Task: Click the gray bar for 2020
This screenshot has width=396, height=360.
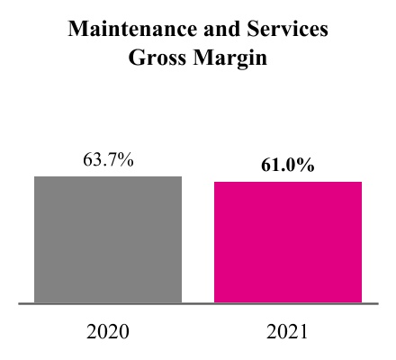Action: [108, 239]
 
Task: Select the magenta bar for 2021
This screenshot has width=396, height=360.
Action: [288, 242]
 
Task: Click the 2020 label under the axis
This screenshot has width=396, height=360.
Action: [108, 331]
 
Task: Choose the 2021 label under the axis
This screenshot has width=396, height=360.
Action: [288, 331]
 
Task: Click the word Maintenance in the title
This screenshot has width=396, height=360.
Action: [128, 31]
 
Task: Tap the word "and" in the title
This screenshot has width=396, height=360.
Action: [213, 31]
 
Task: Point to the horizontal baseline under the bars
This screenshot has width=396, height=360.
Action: [198, 304]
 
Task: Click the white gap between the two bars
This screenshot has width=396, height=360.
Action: [198, 243]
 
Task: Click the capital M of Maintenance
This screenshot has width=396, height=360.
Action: [77, 31]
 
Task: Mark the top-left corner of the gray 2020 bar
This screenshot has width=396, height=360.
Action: [35, 176]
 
